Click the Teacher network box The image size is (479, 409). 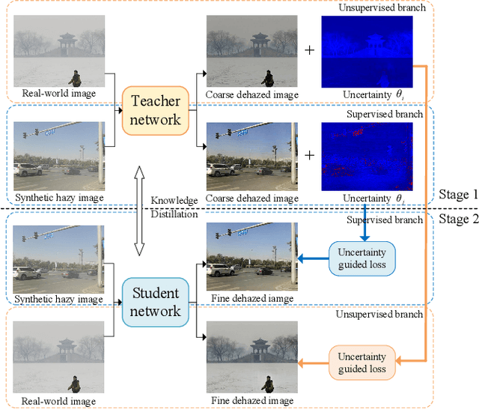[156, 109]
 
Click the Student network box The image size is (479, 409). [156, 301]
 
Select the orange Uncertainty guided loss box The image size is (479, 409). [362, 363]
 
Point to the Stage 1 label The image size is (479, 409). [454, 195]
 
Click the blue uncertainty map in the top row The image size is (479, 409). [367, 51]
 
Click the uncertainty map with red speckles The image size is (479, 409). [367, 155]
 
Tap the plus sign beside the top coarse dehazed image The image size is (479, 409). [311, 51]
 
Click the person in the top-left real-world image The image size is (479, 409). [75, 77]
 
